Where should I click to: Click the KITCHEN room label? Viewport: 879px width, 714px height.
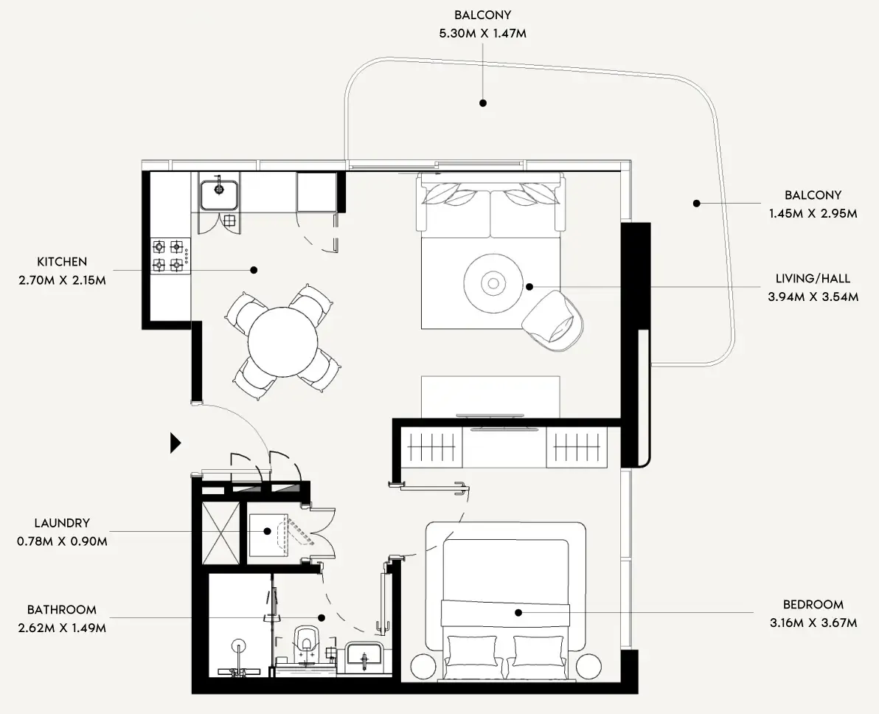(x=62, y=261)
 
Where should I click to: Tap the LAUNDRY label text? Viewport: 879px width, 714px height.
(x=62, y=523)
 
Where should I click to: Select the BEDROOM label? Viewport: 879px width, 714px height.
(x=813, y=604)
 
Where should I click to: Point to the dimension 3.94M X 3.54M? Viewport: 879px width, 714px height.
(x=813, y=297)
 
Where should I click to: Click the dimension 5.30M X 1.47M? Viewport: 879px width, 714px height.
(x=483, y=33)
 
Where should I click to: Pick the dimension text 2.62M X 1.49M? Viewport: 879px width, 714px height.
(x=62, y=628)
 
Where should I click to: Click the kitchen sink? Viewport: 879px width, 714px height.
(x=219, y=191)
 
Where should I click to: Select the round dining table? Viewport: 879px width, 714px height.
(x=282, y=342)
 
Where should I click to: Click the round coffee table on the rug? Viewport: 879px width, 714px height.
(x=493, y=284)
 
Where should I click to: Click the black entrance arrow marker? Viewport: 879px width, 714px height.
(x=176, y=443)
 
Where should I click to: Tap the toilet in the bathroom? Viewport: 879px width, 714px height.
(x=306, y=642)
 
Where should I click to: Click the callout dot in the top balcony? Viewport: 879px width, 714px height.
(x=483, y=103)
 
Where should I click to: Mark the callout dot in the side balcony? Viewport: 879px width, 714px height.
(x=696, y=203)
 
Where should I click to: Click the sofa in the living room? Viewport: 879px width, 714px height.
(x=490, y=205)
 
